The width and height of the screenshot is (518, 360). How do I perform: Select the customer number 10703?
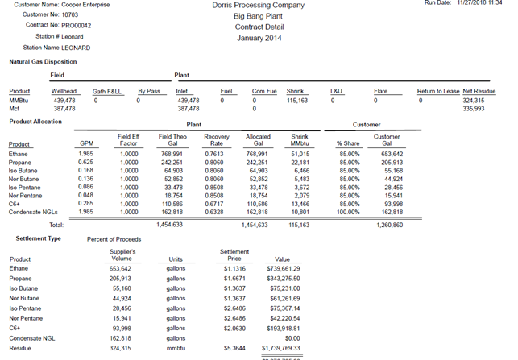[72, 15]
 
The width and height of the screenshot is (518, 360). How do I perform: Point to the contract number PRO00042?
[77, 27]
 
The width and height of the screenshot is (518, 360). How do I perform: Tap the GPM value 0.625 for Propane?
[87, 162]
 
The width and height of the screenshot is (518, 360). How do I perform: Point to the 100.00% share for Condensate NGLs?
[347, 212]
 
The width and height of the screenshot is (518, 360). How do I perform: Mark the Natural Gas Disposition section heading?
[43, 61]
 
